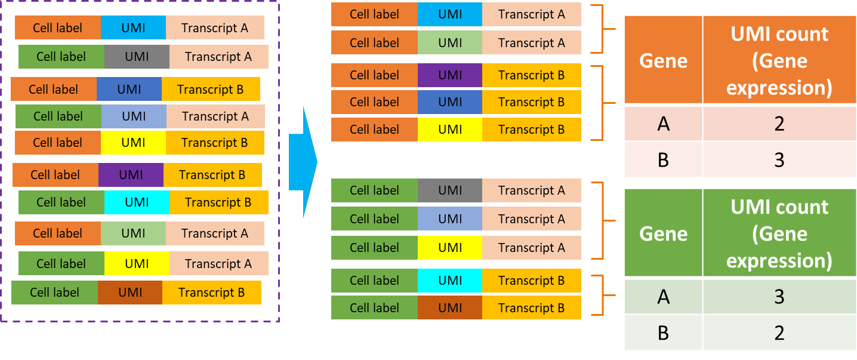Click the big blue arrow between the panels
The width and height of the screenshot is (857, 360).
(301, 162)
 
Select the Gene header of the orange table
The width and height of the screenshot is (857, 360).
(663, 60)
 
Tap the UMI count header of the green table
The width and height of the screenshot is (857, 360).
(779, 233)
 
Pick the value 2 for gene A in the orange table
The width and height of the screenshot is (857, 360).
(779, 124)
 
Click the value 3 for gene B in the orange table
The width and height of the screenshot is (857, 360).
(779, 159)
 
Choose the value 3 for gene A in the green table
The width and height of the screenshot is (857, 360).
(779, 297)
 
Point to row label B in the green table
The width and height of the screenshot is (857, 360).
(663, 333)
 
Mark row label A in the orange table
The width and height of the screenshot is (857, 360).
(663, 124)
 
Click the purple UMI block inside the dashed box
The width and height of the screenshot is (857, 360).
(131, 175)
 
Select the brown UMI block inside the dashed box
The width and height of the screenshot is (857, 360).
(130, 293)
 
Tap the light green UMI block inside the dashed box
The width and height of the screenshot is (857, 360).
(133, 233)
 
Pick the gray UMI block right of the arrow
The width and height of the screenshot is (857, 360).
(450, 190)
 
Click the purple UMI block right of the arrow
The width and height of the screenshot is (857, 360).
(450, 75)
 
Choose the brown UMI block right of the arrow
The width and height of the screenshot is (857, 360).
(450, 308)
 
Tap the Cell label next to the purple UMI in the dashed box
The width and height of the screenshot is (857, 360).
(56, 175)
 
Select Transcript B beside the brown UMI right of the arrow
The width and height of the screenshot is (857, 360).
(531, 308)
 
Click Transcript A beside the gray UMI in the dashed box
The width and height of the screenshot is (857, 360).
(218, 57)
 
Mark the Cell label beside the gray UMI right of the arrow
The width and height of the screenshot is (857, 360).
(374, 190)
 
